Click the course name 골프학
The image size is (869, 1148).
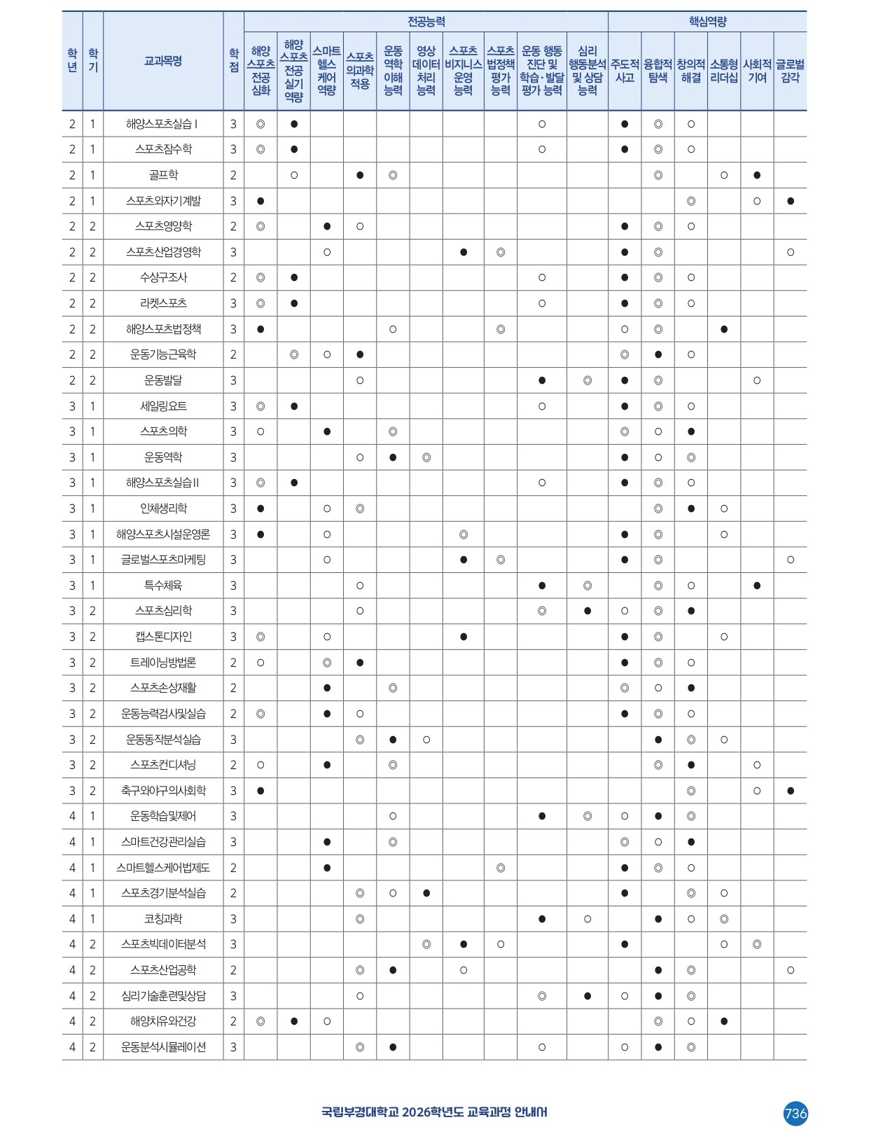pyautogui.click(x=163, y=175)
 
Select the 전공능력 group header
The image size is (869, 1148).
pyautogui.click(x=426, y=22)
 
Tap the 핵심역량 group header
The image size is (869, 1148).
pyautogui.click(x=707, y=22)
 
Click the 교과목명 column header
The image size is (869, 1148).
pyautogui.click(x=163, y=62)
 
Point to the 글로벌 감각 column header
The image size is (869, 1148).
pyautogui.click(x=790, y=71)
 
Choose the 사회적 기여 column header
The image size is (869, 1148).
pyautogui.click(x=757, y=71)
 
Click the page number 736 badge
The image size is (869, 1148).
pyautogui.click(x=795, y=1113)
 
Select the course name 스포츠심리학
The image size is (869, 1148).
pyautogui.click(x=163, y=611)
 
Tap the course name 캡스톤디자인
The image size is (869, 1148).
pyautogui.click(x=163, y=637)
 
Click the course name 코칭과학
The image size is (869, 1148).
pyautogui.click(x=163, y=919)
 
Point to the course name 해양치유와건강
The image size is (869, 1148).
pyautogui.click(x=163, y=1021)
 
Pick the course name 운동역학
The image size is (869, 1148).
pyautogui.click(x=163, y=457)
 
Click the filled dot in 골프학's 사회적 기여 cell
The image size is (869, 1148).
pyautogui.click(x=757, y=175)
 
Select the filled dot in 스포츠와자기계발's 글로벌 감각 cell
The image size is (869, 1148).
pyautogui.click(x=791, y=201)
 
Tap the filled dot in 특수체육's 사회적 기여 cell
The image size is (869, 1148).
pyautogui.click(x=757, y=586)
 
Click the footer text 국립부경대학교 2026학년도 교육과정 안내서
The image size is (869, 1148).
pyautogui.click(x=434, y=1112)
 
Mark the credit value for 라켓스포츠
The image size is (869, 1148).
pyautogui.click(x=234, y=303)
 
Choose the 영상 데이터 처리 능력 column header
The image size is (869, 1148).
pyautogui.click(x=426, y=71)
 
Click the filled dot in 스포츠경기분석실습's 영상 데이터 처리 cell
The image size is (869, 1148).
pyautogui.click(x=426, y=893)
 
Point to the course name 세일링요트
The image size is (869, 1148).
pyautogui.click(x=163, y=406)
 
